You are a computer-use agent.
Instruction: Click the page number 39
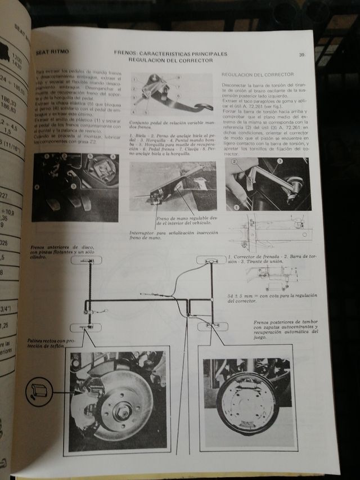click(x=302, y=55)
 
